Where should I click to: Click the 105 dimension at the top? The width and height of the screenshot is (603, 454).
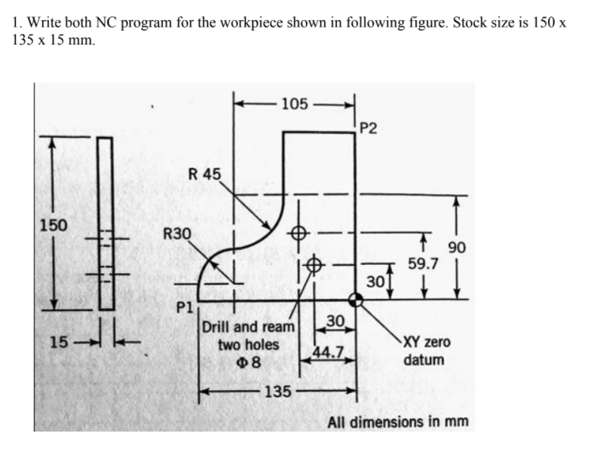point(294,104)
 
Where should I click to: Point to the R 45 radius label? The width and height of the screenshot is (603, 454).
point(205,174)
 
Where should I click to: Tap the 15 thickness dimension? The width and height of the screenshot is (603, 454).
point(57,343)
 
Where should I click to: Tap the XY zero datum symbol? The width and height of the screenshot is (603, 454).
point(357,300)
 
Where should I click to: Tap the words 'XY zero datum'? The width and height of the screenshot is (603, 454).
point(427,351)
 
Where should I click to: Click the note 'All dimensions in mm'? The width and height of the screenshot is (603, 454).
point(397,421)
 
